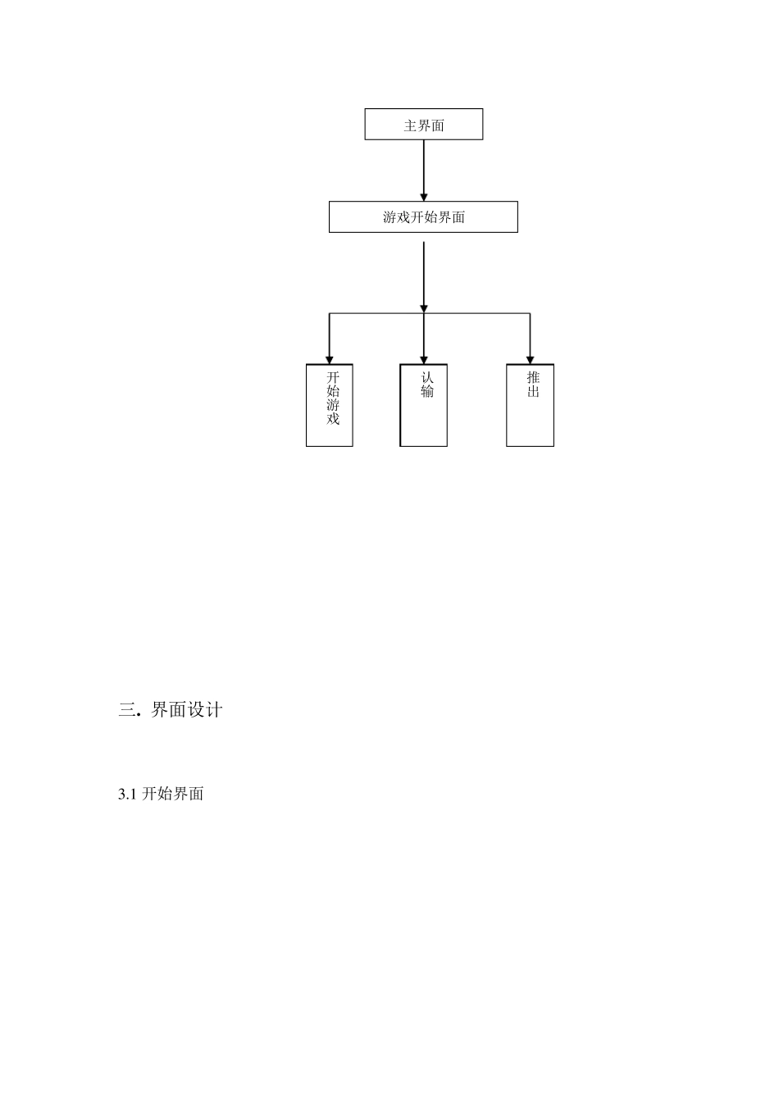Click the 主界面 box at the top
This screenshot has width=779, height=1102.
coord(423,125)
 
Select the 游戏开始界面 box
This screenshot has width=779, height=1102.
coord(423,217)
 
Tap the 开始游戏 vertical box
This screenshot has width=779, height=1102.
coord(330,405)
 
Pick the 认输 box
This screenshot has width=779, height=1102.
coord(424,405)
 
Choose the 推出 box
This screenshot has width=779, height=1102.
coord(530,405)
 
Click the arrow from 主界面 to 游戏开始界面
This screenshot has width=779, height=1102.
coord(424,168)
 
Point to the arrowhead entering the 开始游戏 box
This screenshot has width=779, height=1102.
coord(330,358)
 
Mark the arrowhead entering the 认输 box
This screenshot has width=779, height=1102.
coord(424,358)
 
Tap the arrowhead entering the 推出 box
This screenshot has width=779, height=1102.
coord(530,358)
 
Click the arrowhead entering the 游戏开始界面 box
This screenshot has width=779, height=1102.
coord(424,196)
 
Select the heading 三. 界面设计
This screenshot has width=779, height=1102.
coord(171,710)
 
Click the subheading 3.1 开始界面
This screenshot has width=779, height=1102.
coord(161,794)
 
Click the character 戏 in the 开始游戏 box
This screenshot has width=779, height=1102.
coord(333,419)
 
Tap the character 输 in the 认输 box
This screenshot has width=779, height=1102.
coord(427,391)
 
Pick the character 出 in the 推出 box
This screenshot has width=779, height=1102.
coord(533,391)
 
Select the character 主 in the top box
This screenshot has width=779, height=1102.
coord(410,125)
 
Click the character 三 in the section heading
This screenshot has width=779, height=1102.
coord(127,710)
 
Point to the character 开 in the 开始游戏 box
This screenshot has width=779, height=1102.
coord(333,377)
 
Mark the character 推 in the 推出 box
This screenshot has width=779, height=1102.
coord(533,377)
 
